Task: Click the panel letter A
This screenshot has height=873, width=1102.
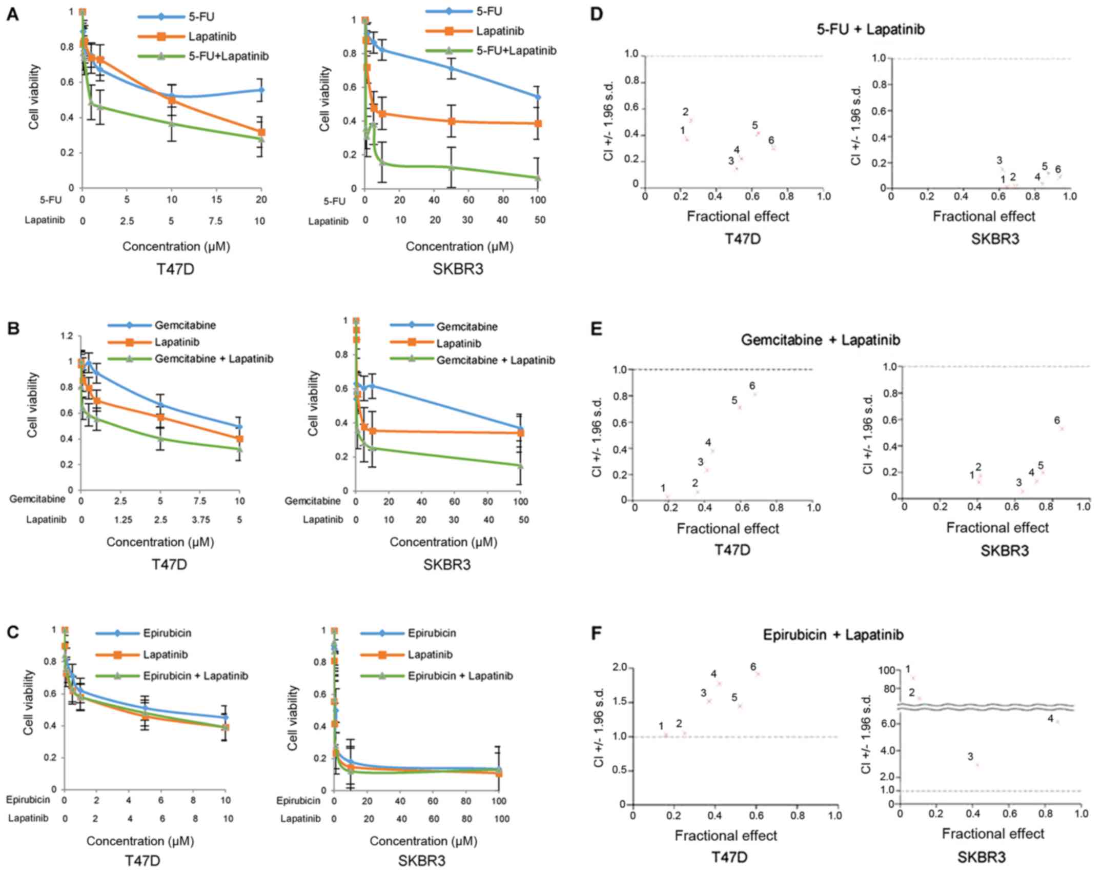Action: point(12,15)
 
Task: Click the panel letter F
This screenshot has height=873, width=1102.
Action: point(596,634)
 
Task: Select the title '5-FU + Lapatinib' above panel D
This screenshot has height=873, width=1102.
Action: point(870,29)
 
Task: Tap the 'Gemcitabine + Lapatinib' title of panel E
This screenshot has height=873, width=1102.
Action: point(820,340)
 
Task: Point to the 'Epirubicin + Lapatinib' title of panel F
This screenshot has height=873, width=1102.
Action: point(833,635)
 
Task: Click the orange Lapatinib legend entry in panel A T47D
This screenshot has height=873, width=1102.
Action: point(212,36)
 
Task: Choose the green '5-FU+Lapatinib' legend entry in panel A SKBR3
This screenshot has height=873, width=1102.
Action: point(516,51)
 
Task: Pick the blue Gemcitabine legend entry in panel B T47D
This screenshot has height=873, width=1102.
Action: point(185,325)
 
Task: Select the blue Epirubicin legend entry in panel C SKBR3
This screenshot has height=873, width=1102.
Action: point(432,633)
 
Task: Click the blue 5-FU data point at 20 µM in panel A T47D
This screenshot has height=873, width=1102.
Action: point(261,90)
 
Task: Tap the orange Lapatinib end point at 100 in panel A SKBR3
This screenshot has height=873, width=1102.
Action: point(538,124)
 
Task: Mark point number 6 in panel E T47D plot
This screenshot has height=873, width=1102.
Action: point(754,394)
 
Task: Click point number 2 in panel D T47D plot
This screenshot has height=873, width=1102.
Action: point(690,121)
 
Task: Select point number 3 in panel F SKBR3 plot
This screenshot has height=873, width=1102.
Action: point(977,765)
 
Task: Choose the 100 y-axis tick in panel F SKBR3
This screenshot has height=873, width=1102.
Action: point(887,670)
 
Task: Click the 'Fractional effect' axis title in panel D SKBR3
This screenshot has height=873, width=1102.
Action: point(984,216)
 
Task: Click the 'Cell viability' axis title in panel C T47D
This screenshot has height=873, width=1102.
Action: point(28,702)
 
